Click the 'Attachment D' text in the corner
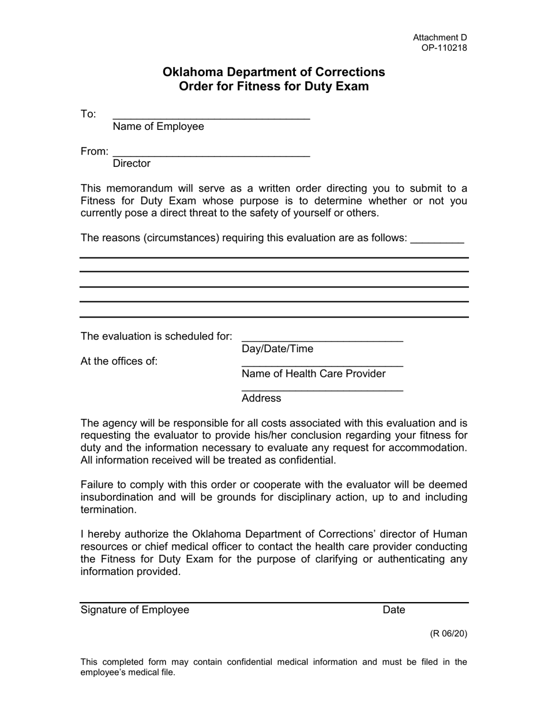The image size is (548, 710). pos(440,38)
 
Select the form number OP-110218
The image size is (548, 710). pos(444,48)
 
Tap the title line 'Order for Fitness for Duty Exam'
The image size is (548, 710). pos(273,87)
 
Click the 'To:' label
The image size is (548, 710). pos(88,114)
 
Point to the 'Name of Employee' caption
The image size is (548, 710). pos(158,126)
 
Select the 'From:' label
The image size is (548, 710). pos(95,151)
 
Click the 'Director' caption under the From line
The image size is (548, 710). pos(132,163)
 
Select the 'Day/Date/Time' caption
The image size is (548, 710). pos(277,349)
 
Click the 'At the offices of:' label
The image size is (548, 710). pos(119,361)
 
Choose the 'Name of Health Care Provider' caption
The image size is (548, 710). pos(313,373)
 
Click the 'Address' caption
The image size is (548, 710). pos(261,398)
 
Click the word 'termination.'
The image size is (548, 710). pos(108,510)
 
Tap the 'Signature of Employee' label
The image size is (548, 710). pos(135,610)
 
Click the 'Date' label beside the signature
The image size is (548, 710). pos(394,610)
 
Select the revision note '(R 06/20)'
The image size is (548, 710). pos(448,633)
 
